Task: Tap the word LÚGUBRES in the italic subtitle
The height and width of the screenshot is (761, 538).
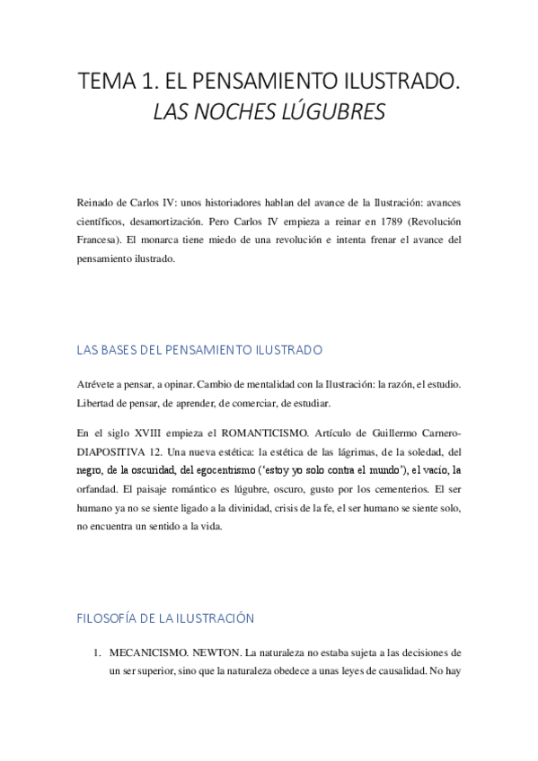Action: pos(337,113)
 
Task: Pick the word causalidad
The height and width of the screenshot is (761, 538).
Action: pos(388,671)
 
